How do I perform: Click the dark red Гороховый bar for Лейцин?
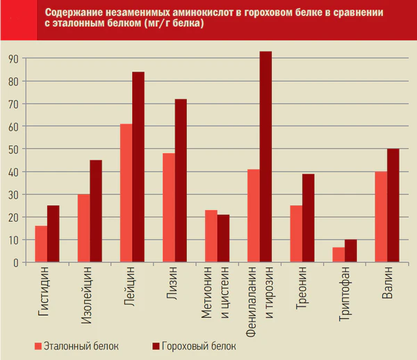tap(138, 167)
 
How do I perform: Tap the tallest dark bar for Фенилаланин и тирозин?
tap(265, 157)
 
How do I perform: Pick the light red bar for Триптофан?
tap(338, 255)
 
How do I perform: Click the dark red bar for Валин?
tap(393, 206)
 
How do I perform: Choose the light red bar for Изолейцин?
tap(83, 228)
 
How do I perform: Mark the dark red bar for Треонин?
tap(308, 218)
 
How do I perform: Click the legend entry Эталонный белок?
tap(76, 345)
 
